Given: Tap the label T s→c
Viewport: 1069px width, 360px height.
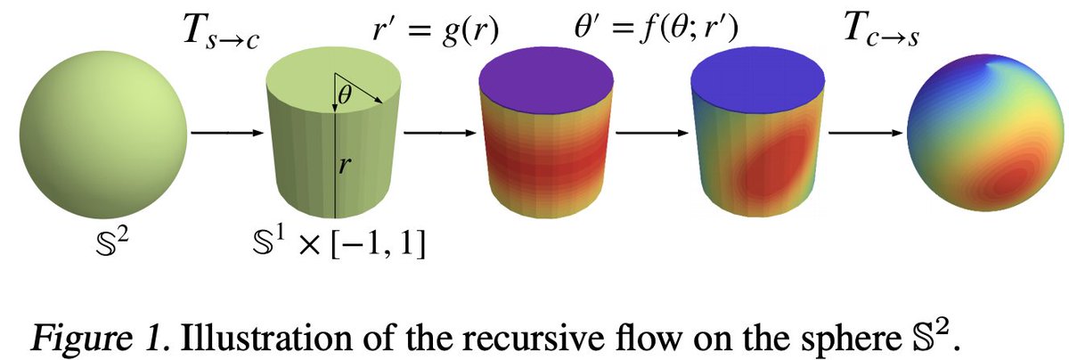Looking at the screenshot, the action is (219, 37).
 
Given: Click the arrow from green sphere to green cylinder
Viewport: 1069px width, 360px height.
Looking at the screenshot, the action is (227, 135).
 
